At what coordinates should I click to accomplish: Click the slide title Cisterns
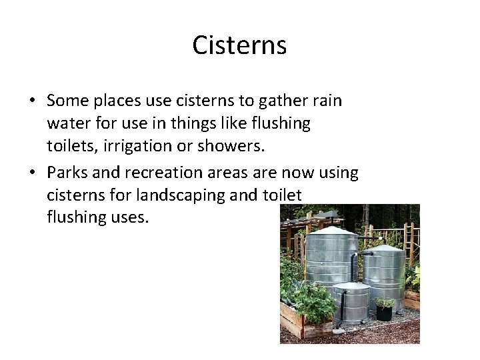[239, 45]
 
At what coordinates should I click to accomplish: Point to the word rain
[325, 101]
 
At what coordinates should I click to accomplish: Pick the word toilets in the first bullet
[72, 146]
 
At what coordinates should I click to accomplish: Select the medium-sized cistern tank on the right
[384, 273]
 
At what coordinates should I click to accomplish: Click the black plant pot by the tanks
[384, 313]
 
